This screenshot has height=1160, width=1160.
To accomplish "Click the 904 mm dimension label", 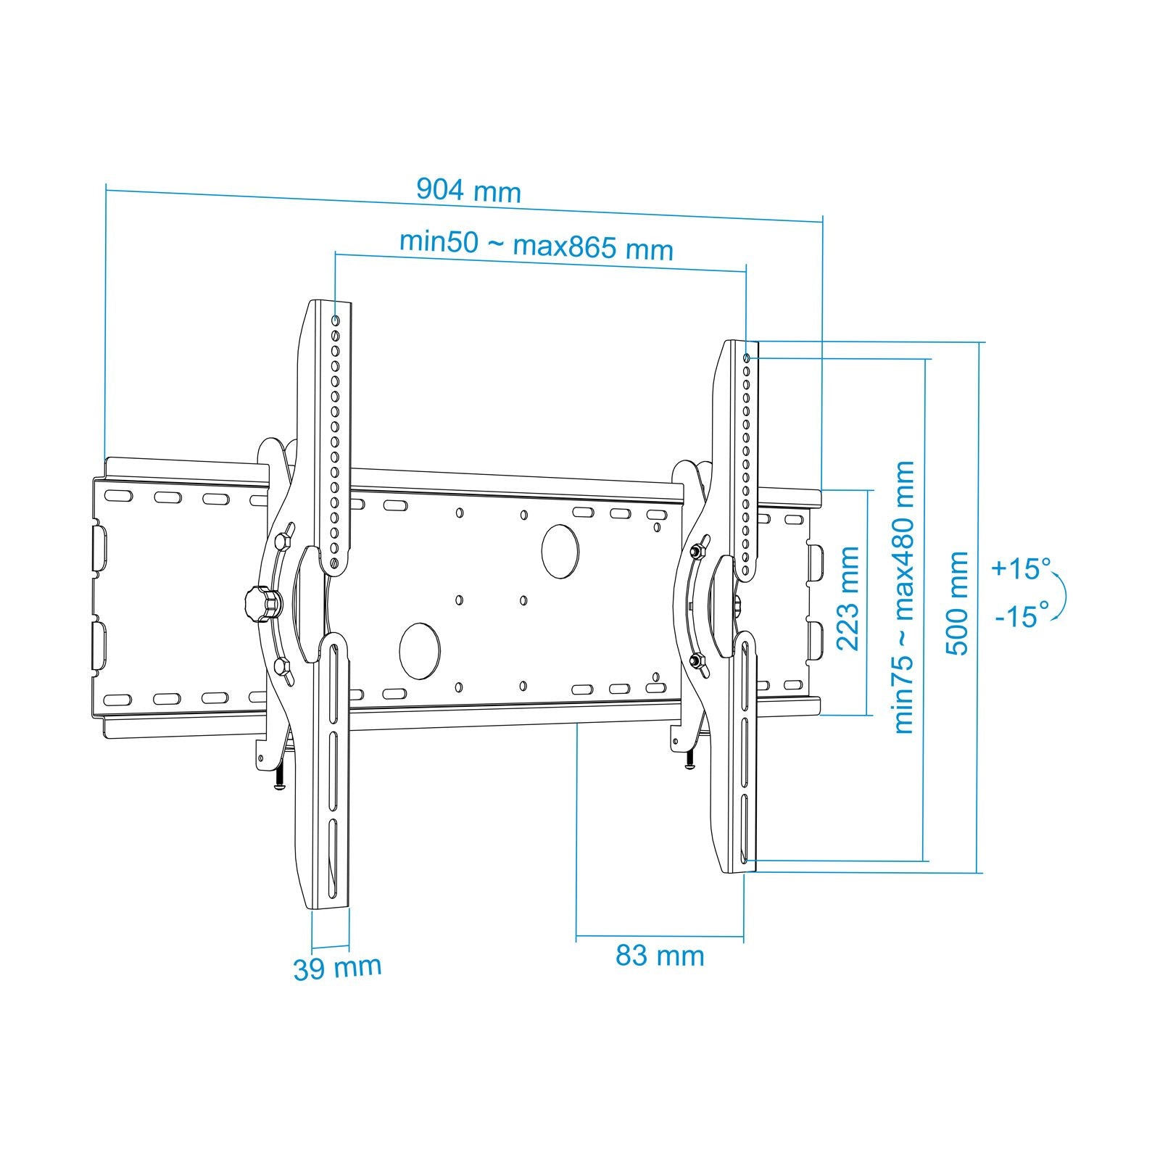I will pos(468,191).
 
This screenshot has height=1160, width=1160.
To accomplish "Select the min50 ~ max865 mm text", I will pos(536,245).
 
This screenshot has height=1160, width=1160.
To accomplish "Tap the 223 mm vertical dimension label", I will pos(848,599).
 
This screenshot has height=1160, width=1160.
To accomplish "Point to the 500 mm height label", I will pos(958,603).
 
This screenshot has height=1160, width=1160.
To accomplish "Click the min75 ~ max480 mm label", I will pos(904,597).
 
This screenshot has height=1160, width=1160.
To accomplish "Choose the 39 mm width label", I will pos(337,968).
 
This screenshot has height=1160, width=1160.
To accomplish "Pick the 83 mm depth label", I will pos(660,956).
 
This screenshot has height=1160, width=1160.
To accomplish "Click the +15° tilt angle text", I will pos(1021,568).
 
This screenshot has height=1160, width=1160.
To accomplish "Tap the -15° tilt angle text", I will pos(1022,616).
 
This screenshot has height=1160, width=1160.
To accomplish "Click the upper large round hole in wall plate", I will pos(560,551).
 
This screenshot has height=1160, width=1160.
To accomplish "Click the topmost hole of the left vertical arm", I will pos(335,320).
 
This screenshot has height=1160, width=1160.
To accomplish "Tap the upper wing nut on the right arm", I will pos(697,551).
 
